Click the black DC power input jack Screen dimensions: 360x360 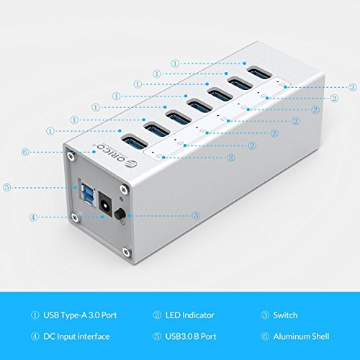point(106,205)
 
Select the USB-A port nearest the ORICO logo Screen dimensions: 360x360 point(135,141)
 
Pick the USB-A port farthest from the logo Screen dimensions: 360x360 point(260,73)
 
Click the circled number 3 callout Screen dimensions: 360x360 point(196,215)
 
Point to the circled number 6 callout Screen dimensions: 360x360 point(24,152)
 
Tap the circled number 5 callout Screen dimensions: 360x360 point(7,187)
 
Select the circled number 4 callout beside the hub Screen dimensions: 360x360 point(33,217)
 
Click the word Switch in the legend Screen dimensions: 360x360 point(285,315)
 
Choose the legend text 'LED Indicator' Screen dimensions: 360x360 point(190,315)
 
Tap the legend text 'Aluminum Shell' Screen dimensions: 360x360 point(301,336)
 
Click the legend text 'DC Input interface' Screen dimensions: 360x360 point(76,336)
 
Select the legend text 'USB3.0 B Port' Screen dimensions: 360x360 point(191,336)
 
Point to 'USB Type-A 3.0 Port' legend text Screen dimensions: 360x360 point(80,315)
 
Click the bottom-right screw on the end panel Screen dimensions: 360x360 point(126,251)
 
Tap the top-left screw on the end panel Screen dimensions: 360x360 point(71,155)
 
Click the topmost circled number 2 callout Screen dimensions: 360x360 point(352,87)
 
